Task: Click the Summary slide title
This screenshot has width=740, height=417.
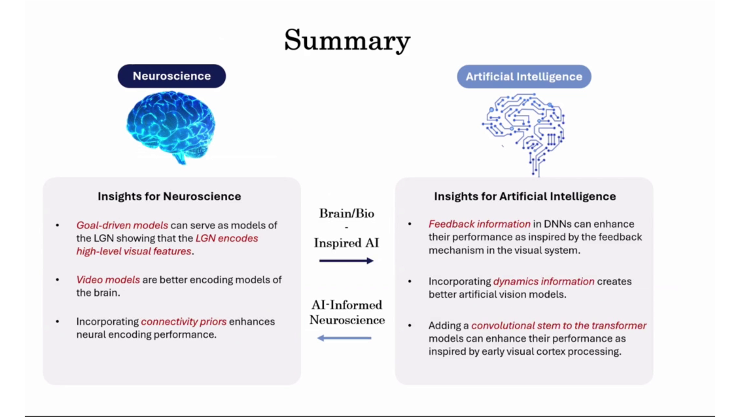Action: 347,40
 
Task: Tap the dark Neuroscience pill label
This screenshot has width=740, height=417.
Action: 172,76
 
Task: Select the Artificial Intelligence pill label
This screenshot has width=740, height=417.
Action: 524,77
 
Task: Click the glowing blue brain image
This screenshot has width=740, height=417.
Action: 171,125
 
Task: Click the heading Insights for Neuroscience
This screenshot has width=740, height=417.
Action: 169,196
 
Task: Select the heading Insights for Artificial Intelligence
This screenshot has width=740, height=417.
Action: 525,196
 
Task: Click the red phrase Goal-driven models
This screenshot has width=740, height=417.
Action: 122,225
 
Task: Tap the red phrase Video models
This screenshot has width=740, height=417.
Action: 108,280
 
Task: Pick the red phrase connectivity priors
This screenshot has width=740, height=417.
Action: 183,322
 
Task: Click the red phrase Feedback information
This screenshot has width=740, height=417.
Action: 479,224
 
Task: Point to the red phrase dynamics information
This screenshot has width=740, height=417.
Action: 543,281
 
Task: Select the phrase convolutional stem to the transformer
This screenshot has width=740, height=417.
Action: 558,325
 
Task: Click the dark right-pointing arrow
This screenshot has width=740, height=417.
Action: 346,261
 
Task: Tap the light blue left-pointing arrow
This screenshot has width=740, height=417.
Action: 344,338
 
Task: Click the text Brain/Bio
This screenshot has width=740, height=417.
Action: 346,214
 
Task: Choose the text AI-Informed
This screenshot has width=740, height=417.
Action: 346,305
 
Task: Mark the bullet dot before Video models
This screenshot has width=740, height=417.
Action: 57,280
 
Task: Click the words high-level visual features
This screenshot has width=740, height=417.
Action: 133,251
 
